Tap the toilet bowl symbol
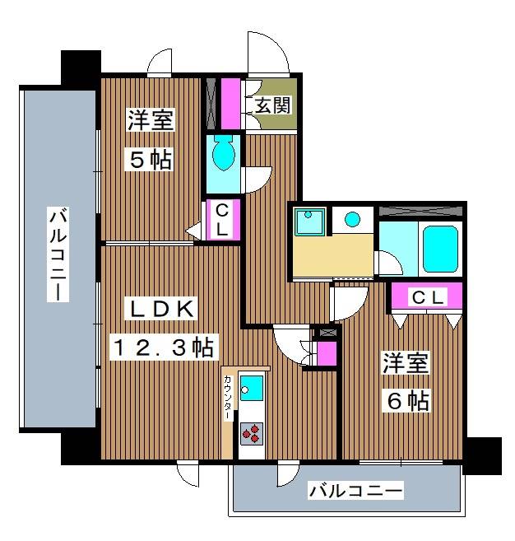tap(223, 154)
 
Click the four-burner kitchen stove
tap(251, 433)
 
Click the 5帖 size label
tap(149, 159)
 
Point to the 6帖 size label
tap(407, 401)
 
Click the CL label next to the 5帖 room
tap(222, 220)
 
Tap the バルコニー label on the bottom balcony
tap(355, 492)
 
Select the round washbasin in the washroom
tap(352, 219)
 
